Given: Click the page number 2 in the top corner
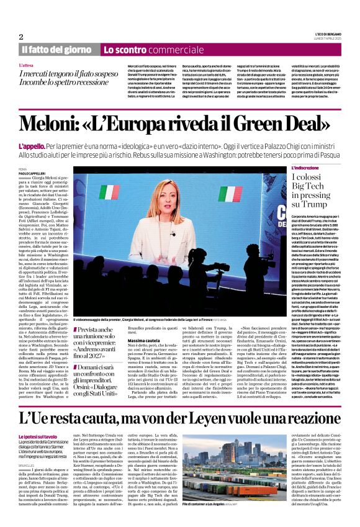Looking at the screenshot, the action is click(x=20, y=37).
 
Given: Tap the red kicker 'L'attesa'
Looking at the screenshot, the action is click(x=27, y=65).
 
